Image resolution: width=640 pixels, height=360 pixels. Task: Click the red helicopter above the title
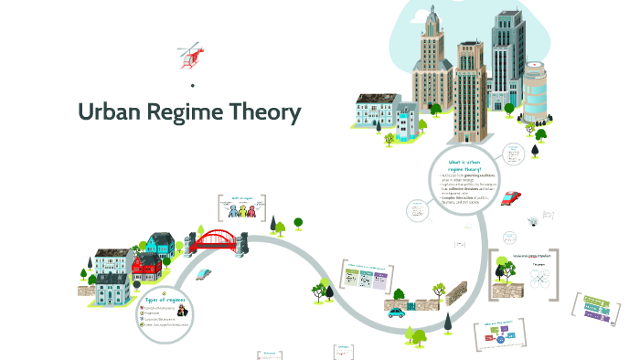coord(192,56)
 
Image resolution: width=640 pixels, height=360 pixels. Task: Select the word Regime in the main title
coord(193,114)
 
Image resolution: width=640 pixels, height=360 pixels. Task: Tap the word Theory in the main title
coord(270,113)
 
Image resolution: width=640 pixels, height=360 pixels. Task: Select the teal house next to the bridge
coord(161,242)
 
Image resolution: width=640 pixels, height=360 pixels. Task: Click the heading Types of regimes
coord(166,301)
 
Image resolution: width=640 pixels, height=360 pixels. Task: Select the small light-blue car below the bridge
coord(205,273)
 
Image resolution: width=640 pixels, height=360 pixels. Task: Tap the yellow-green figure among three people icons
coord(243,211)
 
